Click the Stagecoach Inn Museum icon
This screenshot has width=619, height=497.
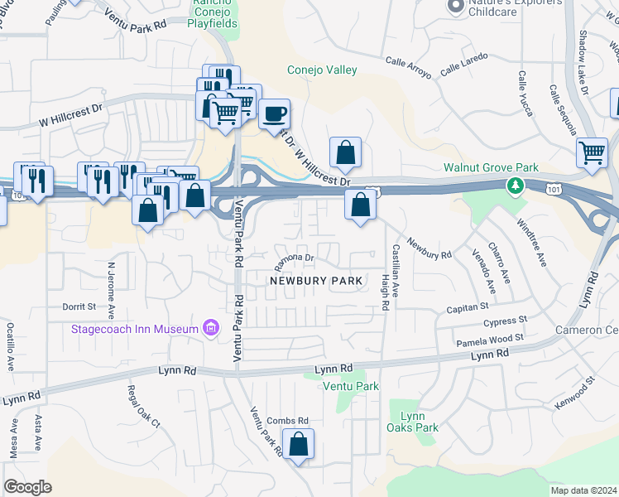pos(211,329)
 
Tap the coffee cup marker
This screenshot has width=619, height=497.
pos(274,113)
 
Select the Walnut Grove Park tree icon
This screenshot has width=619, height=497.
pos(516,185)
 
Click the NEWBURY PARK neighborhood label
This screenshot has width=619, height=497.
pos(316,281)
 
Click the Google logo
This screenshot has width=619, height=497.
pos(27,487)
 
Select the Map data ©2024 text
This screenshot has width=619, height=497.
pos(583,490)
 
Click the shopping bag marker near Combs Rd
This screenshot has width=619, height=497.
pos(300,445)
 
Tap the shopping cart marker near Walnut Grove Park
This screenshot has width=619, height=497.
pos(593,152)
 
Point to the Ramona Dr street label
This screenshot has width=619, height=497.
pos(295,259)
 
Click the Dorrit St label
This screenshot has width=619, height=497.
pos(79,306)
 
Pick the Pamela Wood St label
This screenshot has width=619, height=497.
pos(490,340)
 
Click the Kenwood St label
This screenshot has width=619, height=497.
pos(578,393)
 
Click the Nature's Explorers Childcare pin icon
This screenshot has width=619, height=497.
pos(454,7)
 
